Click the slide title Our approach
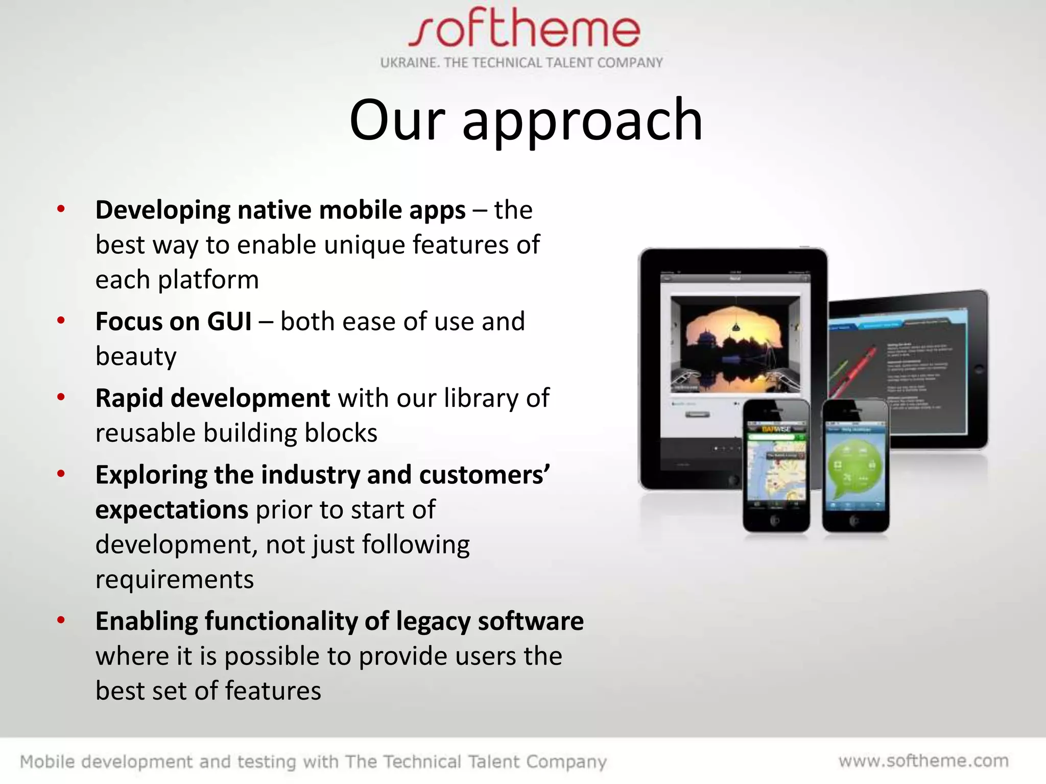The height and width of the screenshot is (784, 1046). (x=526, y=120)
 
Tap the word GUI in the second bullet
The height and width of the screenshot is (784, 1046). (x=229, y=322)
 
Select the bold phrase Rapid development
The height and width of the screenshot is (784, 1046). (x=212, y=398)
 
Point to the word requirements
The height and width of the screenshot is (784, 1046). (x=174, y=580)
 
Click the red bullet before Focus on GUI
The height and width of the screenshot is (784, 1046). (x=61, y=321)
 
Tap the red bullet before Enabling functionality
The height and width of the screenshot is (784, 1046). (x=61, y=621)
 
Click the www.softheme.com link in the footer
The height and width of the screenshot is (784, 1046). (x=923, y=761)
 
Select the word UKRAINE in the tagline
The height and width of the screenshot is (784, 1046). (x=409, y=63)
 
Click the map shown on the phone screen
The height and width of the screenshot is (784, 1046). (x=776, y=470)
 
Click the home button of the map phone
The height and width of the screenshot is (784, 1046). (x=775, y=521)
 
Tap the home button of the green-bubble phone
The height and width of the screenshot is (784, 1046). (x=855, y=521)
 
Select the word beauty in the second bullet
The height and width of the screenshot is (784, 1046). (x=136, y=356)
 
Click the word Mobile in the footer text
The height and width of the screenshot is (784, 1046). (x=47, y=762)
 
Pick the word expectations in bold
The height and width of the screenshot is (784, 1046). (x=172, y=510)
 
